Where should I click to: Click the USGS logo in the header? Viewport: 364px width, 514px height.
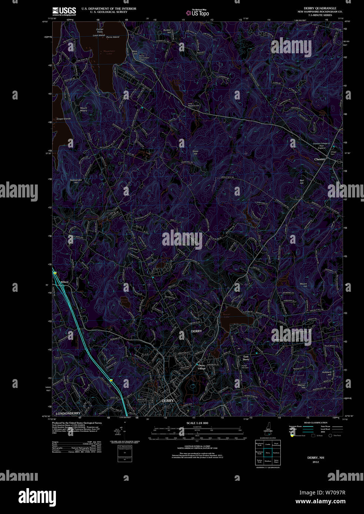(x=64, y=11)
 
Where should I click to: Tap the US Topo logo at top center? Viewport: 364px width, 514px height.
(x=198, y=13)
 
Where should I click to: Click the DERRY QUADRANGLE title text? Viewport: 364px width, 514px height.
(x=320, y=8)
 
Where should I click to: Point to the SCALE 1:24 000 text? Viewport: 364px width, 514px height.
(x=197, y=423)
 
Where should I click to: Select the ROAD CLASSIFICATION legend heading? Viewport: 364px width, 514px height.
(x=315, y=423)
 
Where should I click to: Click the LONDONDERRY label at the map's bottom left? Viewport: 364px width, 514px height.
(x=68, y=413)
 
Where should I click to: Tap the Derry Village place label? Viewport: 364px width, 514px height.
(x=201, y=367)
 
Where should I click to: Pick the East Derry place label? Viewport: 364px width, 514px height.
(x=246, y=358)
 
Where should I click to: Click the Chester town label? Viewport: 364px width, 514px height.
(x=320, y=159)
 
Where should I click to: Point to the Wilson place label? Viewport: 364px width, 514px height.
(x=64, y=282)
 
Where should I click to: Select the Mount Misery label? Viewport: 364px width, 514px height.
(x=84, y=109)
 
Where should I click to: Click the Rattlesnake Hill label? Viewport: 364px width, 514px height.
(x=76, y=181)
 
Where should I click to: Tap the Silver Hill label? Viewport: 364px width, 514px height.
(x=196, y=152)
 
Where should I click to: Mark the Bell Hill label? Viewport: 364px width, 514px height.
(x=302, y=182)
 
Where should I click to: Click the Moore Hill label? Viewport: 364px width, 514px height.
(x=303, y=285)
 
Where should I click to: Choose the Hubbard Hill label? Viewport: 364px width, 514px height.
(x=327, y=373)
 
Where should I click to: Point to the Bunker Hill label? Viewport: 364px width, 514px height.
(x=167, y=31)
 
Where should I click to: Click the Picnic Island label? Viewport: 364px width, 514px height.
(x=113, y=37)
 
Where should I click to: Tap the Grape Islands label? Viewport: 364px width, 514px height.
(x=63, y=119)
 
